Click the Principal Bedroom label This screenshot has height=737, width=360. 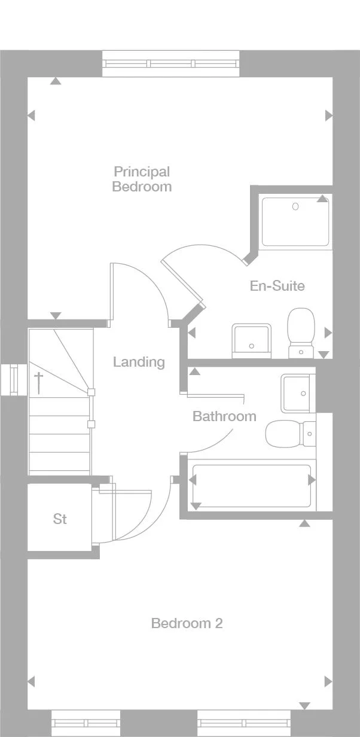click(x=142, y=179)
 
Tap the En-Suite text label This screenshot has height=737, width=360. click(x=277, y=286)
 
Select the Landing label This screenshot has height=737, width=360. click(x=139, y=362)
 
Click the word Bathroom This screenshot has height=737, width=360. click(x=224, y=416)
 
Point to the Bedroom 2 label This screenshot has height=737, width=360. click(x=187, y=623)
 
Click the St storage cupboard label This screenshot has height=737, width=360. click(x=60, y=519)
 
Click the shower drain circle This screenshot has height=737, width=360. click(x=295, y=206)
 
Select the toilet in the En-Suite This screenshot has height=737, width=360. click(x=301, y=332)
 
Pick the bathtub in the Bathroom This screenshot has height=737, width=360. click(x=251, y=480)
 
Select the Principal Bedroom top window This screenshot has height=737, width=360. click(x=171, y=63)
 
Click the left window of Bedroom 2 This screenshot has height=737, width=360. click(x=86, y=723)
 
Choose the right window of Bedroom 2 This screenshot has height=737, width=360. click(x=244, y=723)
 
